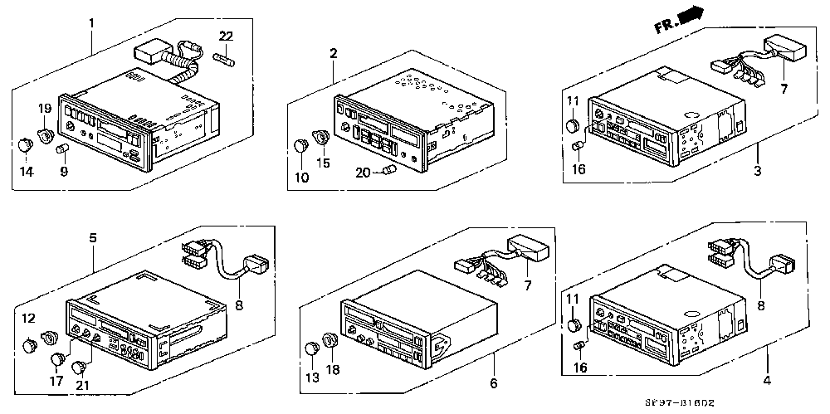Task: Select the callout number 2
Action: coord(334,54)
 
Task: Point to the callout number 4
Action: coord(766,382)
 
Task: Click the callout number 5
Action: coord(93,238)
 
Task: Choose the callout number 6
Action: coord(493,383)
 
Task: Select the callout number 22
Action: coord(225,36)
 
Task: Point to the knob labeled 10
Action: coord(302,147)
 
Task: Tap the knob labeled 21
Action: coord(81,367)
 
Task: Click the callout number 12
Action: coord(27,318)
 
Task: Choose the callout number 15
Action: coord(324,163)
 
